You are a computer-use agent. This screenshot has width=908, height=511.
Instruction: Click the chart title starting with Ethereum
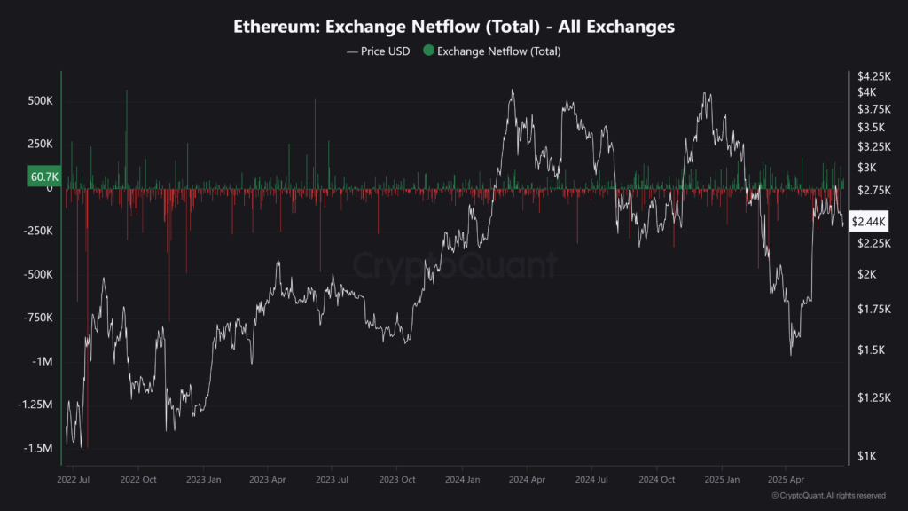[454, 27]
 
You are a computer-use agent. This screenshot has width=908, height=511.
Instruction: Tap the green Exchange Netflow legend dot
[429, 51]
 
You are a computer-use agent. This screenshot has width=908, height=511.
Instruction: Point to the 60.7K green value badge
[43, 177]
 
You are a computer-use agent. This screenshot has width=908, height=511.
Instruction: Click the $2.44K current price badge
[868, 221]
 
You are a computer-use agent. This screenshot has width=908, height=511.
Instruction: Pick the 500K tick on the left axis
[40, 101]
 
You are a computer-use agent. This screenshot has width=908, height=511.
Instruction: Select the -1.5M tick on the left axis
[37, 448]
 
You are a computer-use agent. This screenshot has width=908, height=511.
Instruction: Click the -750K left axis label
[38, 318]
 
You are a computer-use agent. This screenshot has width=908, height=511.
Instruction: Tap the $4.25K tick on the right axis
[873, 75]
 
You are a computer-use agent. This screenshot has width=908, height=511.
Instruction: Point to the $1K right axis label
[866, 456]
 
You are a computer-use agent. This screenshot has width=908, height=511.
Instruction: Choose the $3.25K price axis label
[873, 146]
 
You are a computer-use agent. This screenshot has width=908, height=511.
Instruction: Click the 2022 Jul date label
[73, 479]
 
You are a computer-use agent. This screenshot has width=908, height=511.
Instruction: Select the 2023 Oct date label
[397, 479]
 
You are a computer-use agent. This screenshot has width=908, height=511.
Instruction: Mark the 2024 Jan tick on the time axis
[462, 479]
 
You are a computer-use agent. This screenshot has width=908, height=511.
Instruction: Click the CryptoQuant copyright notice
[828, 495]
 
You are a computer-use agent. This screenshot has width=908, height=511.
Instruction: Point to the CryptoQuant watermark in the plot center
[454, 264]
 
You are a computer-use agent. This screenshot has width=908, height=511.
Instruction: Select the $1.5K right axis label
[870, 350]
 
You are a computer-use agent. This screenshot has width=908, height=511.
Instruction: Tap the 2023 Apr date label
[268, 479]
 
